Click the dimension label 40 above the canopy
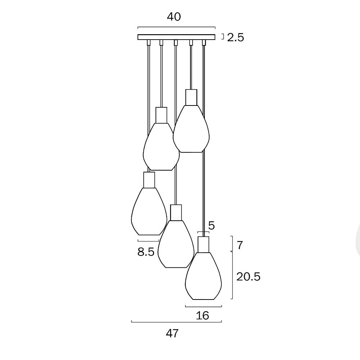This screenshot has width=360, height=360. click(x=174, y=17)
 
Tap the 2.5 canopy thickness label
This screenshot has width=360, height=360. click(x=235, y=37)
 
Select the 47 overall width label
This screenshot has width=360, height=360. click(x=172, y=333)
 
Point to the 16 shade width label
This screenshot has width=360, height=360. click(x=202, y=316)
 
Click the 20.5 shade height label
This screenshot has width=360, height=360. click(x=248, y=276)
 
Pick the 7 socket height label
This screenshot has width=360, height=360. click(x=240, y=246)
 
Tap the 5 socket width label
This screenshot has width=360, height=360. click(x=211, y=226)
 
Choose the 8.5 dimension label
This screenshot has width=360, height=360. click(x=146, y=252)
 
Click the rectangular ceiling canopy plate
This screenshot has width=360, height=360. click(x=176, y=37)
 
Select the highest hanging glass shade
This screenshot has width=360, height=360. click(x=191, y=129)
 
